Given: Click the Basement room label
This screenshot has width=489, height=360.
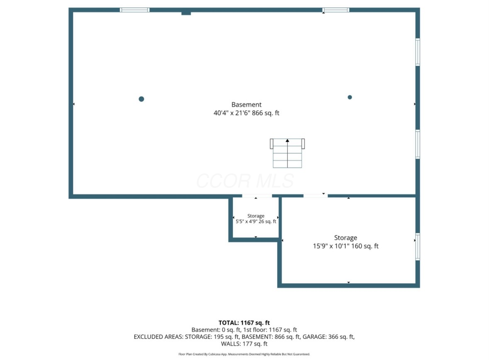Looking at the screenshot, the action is [247, 105].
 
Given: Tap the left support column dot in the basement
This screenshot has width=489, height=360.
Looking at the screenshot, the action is [141, 99].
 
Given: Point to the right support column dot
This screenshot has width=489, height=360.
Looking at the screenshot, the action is [350, 97].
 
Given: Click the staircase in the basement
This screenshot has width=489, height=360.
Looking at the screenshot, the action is [287, 153].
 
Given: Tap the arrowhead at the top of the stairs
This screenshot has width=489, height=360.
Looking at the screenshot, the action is [287, 141].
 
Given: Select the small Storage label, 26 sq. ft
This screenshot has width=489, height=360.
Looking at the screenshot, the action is [256, 216].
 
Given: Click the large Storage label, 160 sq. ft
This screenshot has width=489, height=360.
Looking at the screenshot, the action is [345, 238].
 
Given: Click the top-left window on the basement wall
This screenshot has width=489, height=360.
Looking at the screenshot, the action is [135, 10].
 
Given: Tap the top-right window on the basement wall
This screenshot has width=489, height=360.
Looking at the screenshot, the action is [335, 10].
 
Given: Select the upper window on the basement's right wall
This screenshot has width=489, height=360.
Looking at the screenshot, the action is [418, 52].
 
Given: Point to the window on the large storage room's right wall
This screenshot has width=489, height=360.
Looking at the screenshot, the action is [418, 246].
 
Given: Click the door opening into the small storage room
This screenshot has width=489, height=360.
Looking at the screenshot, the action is [257, 196].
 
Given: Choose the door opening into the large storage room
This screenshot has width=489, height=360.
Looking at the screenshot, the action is [315, 196].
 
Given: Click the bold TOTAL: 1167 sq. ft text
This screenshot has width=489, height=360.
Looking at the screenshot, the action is [244, 323].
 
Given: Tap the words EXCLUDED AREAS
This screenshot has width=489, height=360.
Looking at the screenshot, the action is [159, 337].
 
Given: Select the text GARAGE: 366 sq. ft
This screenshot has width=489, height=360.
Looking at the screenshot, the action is [328, 337].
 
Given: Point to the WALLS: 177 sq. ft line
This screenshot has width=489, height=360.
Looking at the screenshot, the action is [244, 344].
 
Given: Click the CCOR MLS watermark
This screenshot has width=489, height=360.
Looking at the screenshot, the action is [245, 181].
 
